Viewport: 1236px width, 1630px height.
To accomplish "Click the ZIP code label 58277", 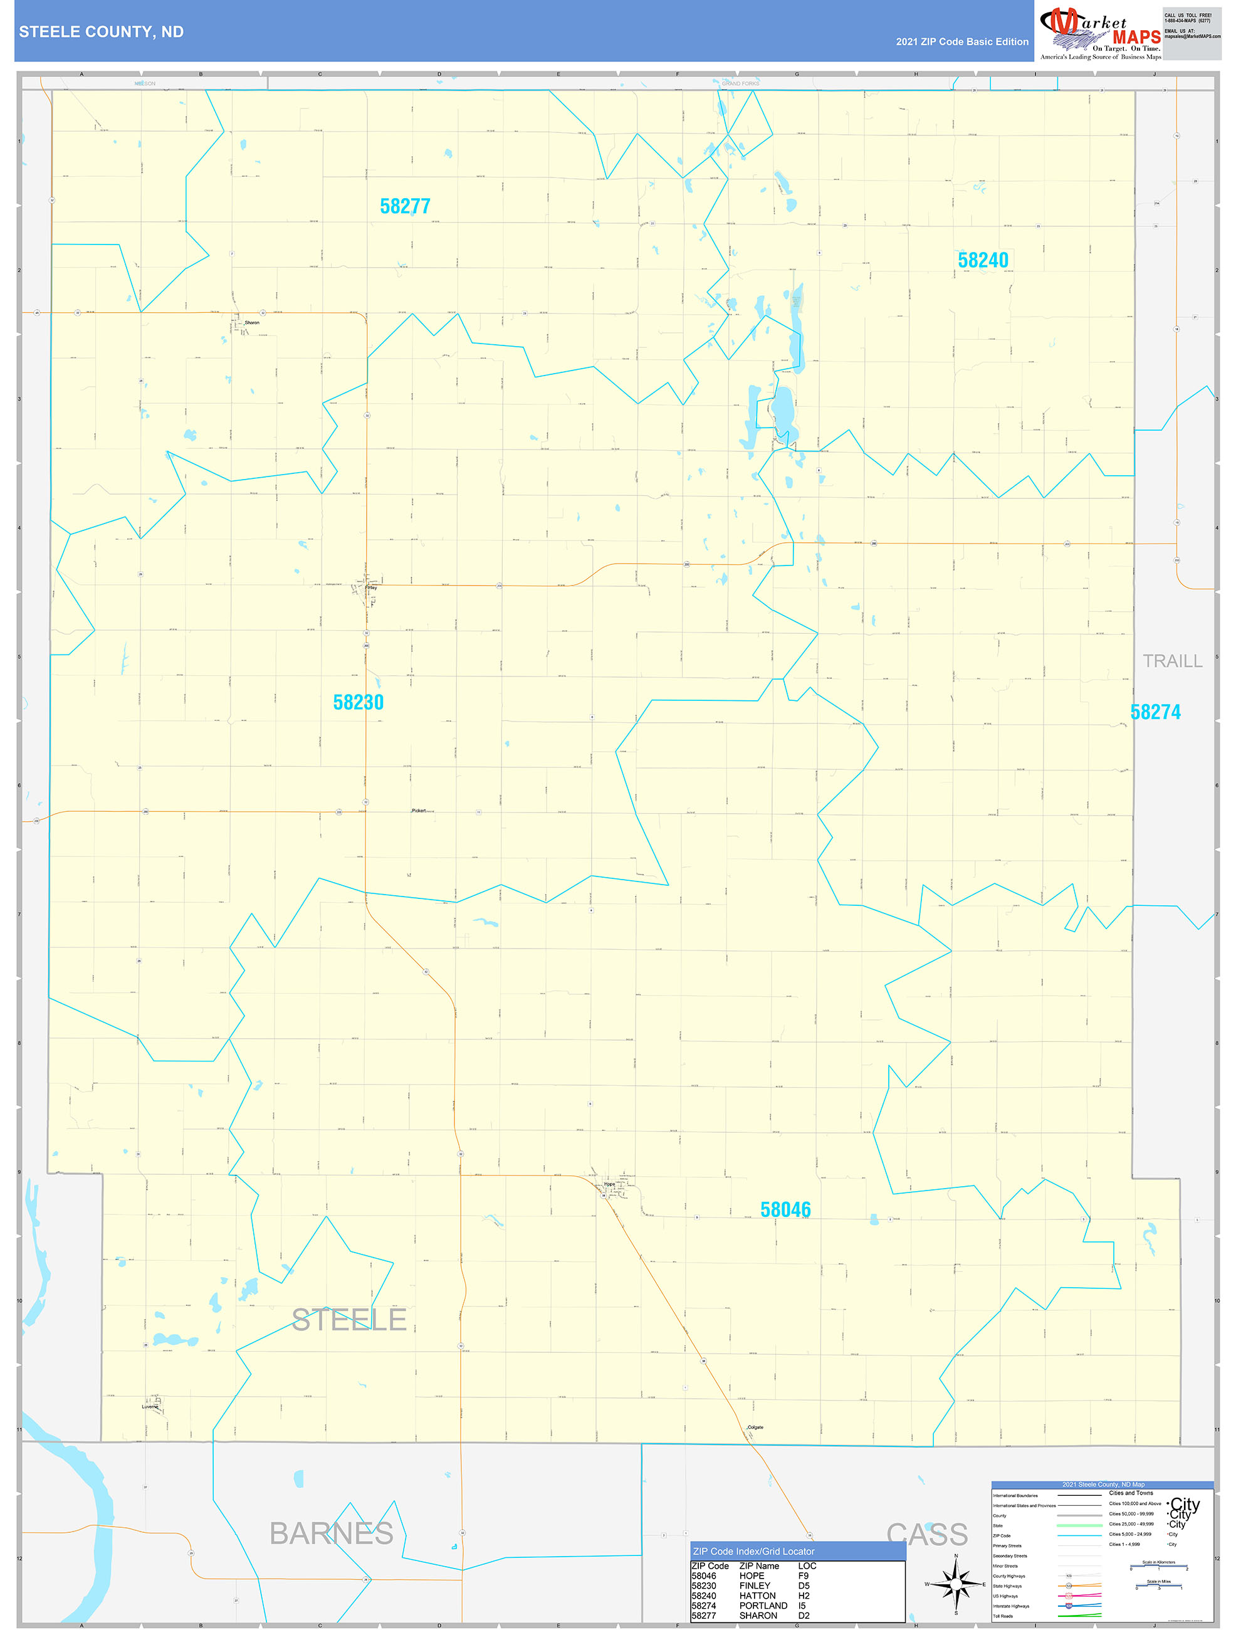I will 404,206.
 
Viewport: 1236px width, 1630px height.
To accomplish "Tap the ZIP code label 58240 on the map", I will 983,260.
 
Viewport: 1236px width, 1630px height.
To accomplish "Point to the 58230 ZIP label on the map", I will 358,702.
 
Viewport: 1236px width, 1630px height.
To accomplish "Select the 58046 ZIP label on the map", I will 785,1209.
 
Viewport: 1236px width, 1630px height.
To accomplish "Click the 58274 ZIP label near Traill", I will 1155,712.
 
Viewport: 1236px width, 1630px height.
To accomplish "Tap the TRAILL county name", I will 1172,661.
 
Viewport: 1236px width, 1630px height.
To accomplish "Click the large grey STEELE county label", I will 349,1320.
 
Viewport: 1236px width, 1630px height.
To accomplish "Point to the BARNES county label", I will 331,1533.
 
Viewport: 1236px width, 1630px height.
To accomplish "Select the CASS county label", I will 926,1534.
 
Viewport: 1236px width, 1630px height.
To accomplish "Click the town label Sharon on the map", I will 252,323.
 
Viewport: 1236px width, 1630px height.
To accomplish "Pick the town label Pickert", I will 419,811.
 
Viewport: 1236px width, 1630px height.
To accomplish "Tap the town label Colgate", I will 756,1428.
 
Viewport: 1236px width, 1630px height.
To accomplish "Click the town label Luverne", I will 150,1407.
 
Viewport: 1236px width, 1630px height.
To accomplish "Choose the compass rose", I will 955,1584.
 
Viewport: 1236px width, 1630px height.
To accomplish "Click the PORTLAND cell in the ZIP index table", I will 763,1606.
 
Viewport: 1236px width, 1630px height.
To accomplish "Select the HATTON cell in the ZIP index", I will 757,1596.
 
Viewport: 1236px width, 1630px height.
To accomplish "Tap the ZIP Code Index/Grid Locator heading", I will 753,1551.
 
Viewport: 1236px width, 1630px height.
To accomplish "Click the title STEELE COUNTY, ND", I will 102,32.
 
